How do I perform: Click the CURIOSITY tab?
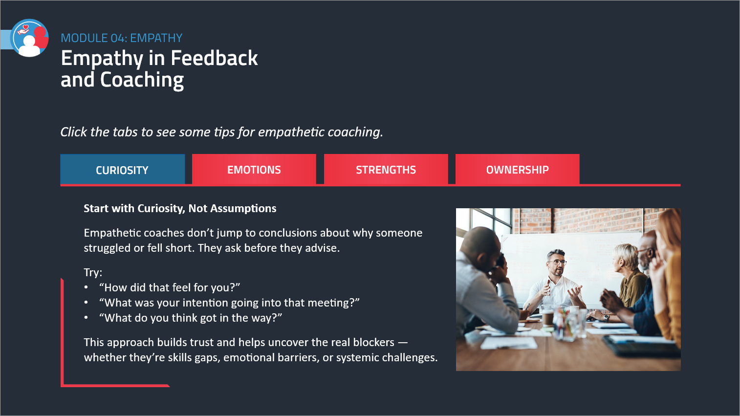(122, 169)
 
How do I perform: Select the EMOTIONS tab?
(254, 169)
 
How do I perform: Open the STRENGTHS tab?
(386, 169)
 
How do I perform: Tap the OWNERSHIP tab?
(517, 169)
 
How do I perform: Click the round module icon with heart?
(29, 38)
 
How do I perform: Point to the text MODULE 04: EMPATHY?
(122, 38)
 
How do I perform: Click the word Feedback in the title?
(214, 58)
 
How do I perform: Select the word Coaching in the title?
(142, 81)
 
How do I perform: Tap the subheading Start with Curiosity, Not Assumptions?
(180, 209)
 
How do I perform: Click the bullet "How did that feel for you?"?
(170, 287)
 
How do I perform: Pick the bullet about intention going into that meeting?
(229, 303)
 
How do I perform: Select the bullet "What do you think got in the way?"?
(191, 318)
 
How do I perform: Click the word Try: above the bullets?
(93, 273)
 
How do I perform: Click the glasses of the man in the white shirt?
(557, 263)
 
